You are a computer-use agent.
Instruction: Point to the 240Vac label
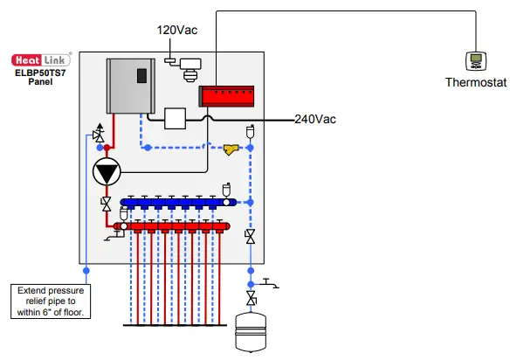(314, 119)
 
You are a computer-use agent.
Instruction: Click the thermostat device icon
(476, 60)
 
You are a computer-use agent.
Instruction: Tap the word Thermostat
(475, 84)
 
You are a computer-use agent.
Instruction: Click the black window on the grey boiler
(141, 76)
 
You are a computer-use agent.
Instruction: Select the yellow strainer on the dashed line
(231, 149)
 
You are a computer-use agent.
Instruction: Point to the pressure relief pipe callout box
(50, 301)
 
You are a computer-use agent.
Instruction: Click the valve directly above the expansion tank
(252, 300)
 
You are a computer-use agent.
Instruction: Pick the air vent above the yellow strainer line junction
(251, 132)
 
